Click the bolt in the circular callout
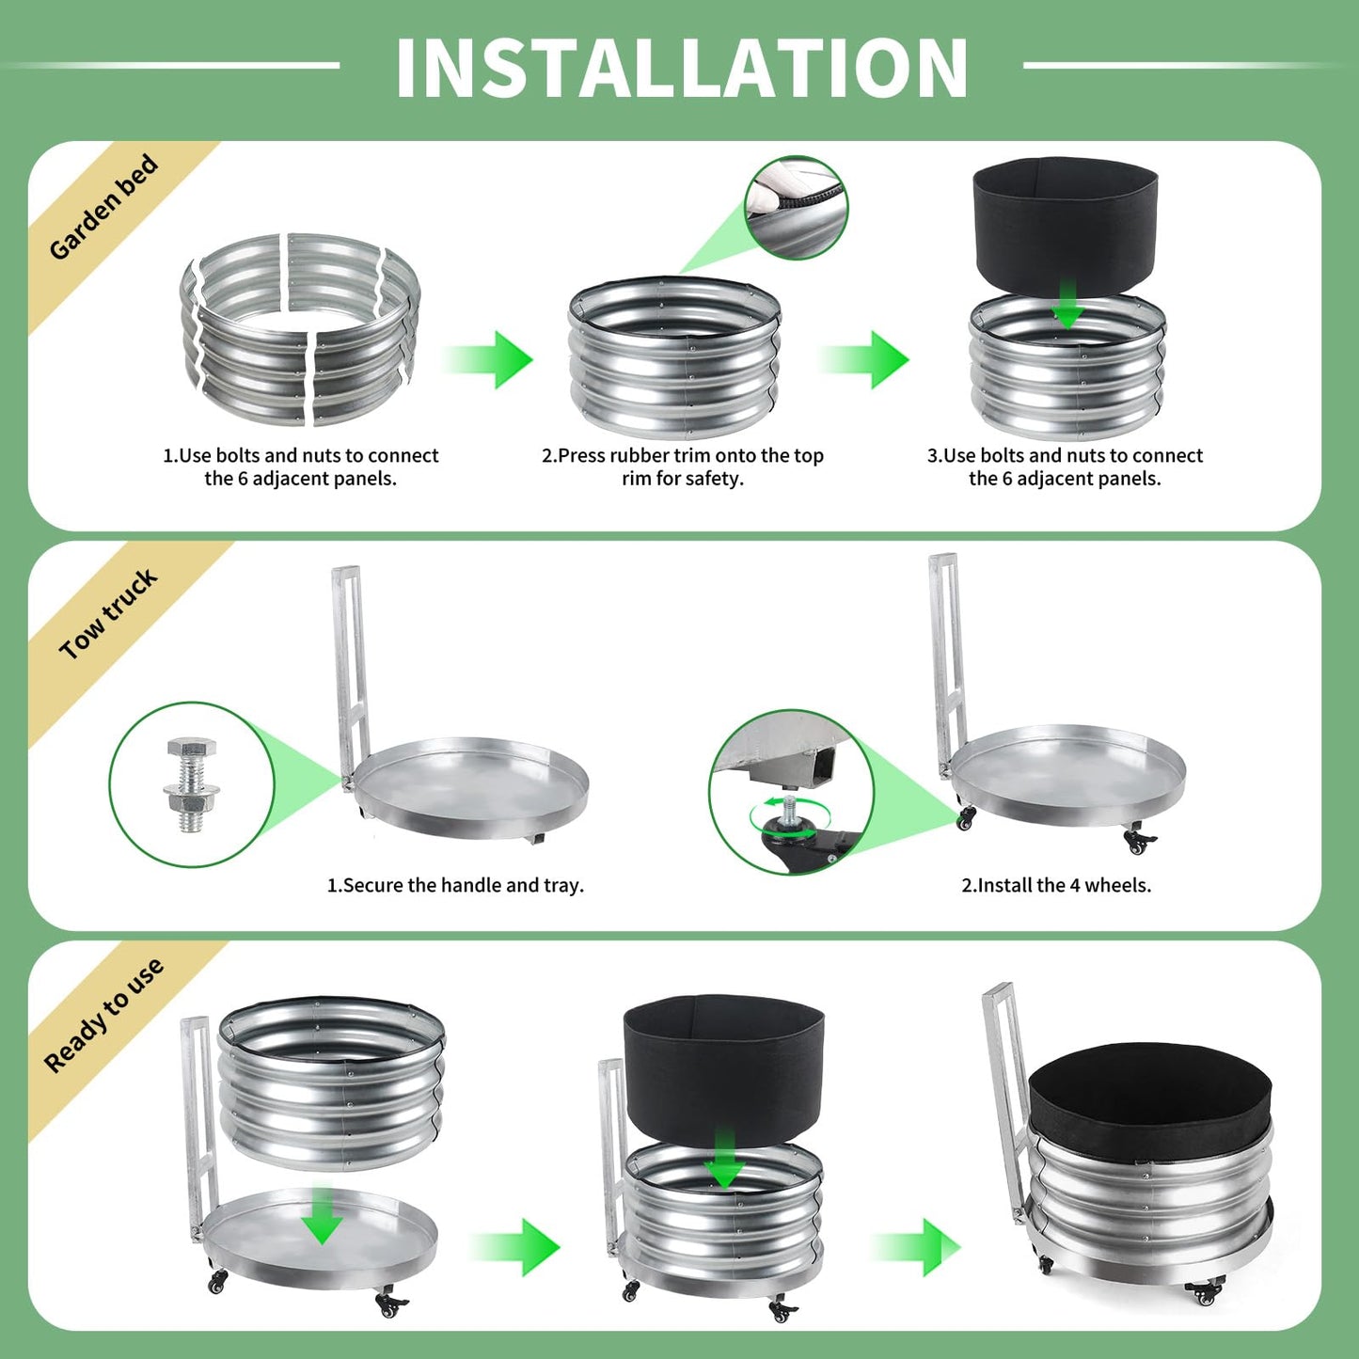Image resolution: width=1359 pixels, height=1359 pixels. [190, 785]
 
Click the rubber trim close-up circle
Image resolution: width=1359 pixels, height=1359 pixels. [797, 207]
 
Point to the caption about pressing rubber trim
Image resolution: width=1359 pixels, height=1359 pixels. [683, 466]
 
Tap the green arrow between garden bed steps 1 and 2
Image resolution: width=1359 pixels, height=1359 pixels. [489, 359]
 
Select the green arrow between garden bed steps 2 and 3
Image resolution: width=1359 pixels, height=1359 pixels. [865, 359]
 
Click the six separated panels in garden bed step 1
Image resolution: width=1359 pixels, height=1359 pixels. [300, 329]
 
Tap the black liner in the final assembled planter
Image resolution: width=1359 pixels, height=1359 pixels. [1149, 1100]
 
